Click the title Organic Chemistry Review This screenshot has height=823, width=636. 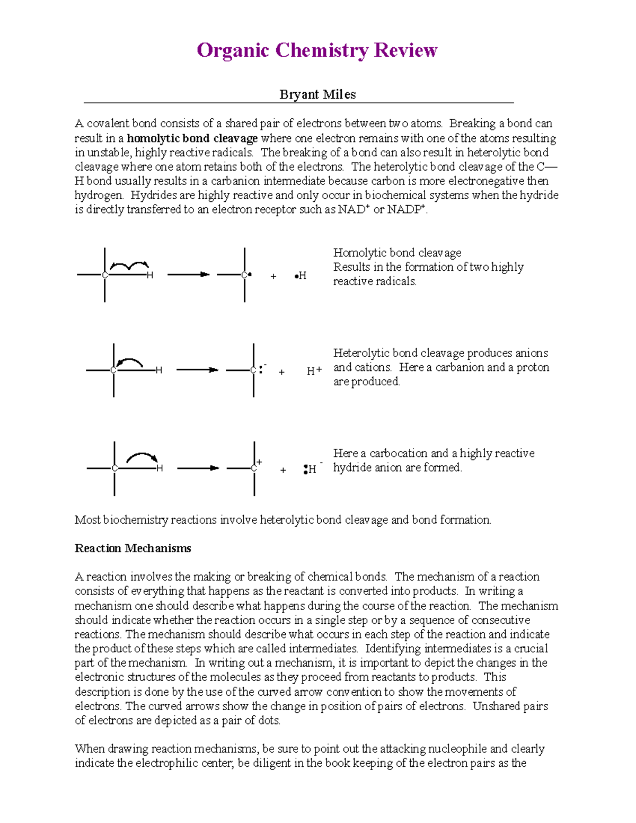[317, 50]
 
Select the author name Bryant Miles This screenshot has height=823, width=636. [317, 94]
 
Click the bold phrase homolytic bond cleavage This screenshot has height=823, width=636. [192, 138]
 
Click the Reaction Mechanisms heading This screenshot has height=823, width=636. [132, 548]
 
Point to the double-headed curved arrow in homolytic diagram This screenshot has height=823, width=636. [129, 265]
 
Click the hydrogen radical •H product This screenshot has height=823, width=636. [301, 276]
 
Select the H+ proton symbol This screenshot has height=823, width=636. [314, 371]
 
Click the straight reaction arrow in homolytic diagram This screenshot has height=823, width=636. [188, 275]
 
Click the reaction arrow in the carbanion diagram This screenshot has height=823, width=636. [197, 370]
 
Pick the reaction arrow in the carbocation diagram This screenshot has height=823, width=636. [198, 468]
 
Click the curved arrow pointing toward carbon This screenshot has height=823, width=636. [129, 362]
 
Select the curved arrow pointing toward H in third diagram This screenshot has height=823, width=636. [142, 457]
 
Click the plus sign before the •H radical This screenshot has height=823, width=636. [273, 276]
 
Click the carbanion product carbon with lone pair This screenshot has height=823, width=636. [254, 370]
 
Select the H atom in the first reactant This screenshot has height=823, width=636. [150, 275]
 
